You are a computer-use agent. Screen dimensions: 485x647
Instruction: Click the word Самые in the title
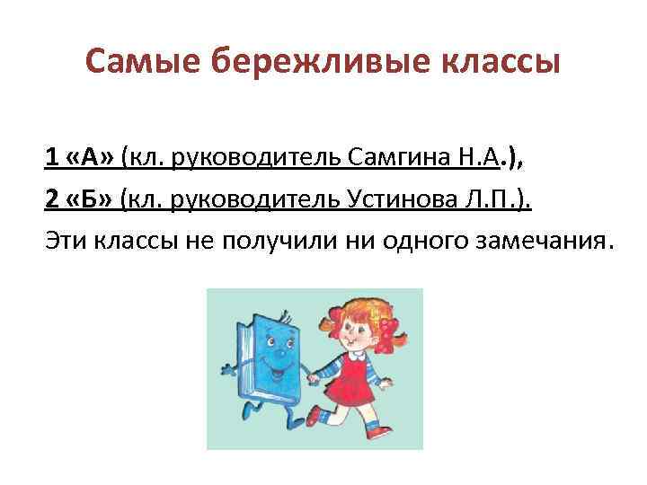tap(145, 62)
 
